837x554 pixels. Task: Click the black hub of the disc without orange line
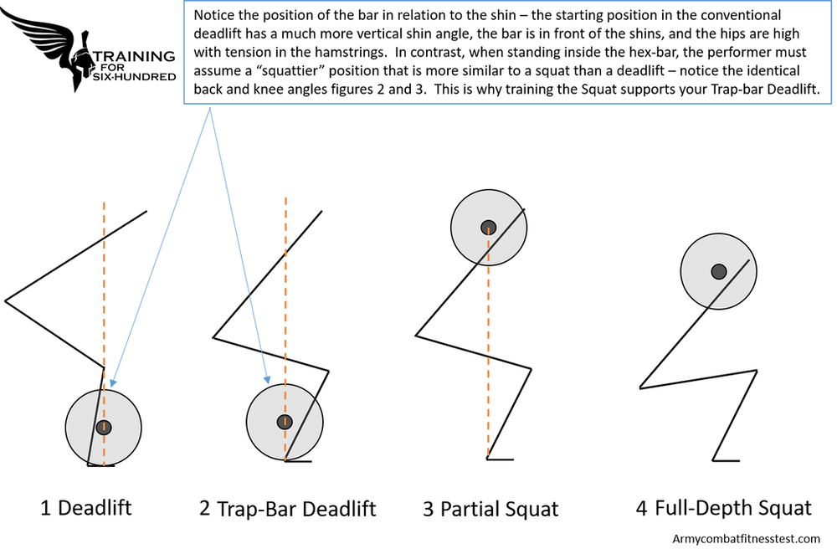(x=718, y=271)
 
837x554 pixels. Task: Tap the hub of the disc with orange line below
(x=488, y=228)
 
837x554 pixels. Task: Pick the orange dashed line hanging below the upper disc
(x=488, y=360)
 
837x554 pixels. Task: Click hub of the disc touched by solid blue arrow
(x=103, y=427)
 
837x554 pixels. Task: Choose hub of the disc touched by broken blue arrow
(x=285, y=421)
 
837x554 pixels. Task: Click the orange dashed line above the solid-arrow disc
(x=105, y=285)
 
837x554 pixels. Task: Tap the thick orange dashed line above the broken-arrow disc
(x=285, y=285)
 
